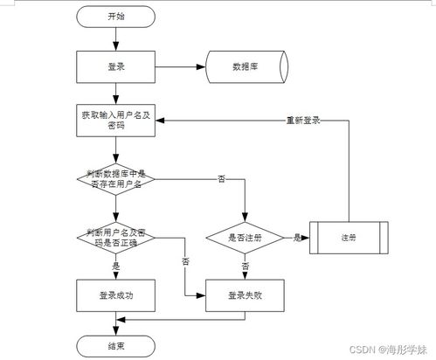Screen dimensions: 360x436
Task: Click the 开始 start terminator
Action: pos(115,16)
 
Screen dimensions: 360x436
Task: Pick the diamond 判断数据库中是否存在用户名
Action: pos(115,177)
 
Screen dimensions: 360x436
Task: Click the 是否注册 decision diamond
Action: pos(246,237)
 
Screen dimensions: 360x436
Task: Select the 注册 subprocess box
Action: pos(349,237)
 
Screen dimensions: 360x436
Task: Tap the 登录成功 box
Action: pos(115,294)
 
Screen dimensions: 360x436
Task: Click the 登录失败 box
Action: pos(246,294)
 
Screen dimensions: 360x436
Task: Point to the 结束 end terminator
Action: pos(115,346)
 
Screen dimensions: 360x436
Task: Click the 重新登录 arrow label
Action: pos(302,120)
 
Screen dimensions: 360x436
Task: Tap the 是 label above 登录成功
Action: pos(116,264)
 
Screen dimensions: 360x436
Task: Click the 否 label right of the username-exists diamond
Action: pos(220,178)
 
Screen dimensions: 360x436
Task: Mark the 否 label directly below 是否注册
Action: pos(246,265)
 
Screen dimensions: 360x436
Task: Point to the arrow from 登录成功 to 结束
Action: pos(115,322)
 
